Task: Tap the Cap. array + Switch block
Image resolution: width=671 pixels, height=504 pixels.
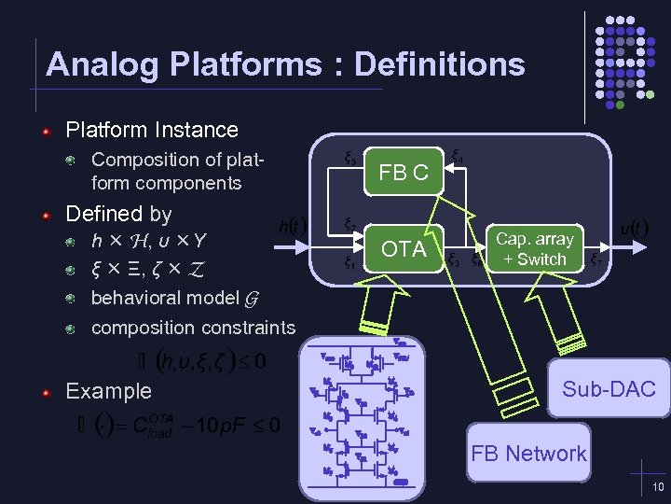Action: (534, 249)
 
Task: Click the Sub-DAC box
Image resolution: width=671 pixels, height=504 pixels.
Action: (609, 389)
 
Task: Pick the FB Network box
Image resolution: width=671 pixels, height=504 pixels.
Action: (528, 454)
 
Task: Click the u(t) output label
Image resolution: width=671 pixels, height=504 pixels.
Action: (635, 227)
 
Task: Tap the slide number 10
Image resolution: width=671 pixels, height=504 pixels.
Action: (658, 488)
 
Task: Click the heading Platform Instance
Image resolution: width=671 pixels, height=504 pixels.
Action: (152, 130)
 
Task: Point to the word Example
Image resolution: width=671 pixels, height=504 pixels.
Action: (108, 391)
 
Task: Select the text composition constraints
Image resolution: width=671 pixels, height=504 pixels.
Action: (193, 328)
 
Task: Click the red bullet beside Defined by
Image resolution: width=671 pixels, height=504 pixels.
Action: (46, 215)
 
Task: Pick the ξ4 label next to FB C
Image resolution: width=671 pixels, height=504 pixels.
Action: (459, 156)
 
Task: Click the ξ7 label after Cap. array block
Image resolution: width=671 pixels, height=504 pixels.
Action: (595, 260)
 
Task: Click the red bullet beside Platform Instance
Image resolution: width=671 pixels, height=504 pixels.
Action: (46, 131)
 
